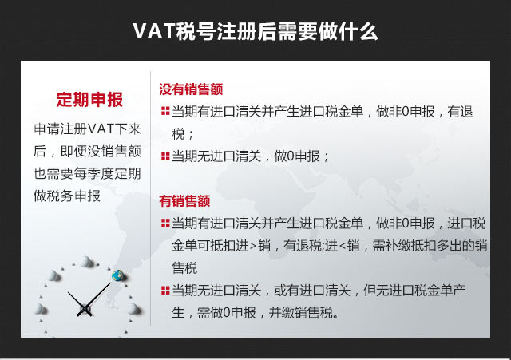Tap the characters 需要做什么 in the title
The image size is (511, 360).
pos(328,31)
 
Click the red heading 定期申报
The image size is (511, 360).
pos(89,100)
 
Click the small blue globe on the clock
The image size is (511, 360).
pos(118,275)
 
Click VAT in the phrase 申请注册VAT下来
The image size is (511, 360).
pos(101,129)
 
